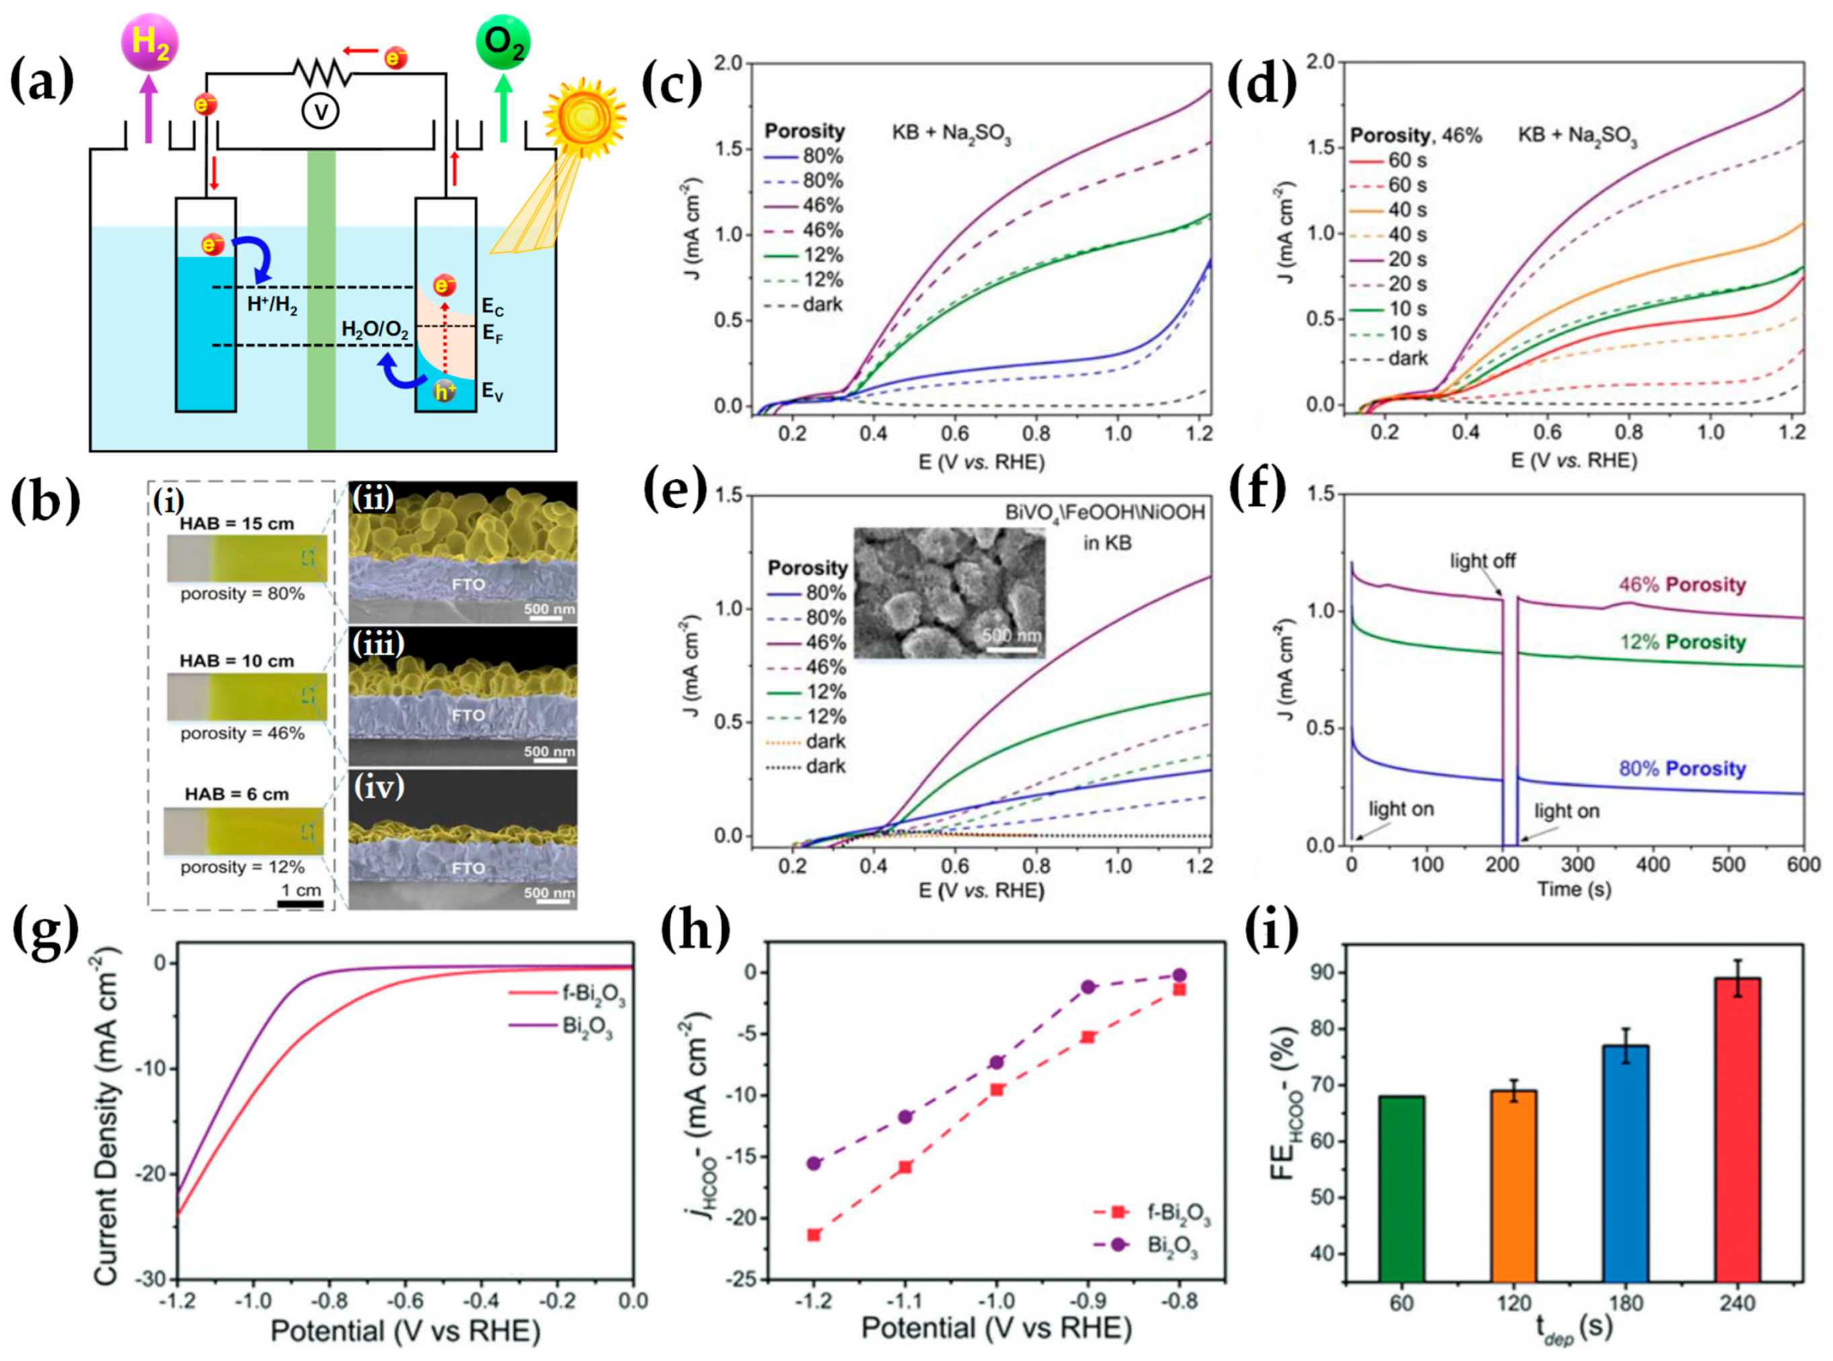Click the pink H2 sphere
click(149, 41)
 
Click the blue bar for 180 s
click(1625, 1161)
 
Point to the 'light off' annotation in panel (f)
click(1482, 561)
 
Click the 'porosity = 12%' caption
click(242, 867)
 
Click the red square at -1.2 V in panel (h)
click(814, 1234)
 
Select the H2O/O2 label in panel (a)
click(375, 331)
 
